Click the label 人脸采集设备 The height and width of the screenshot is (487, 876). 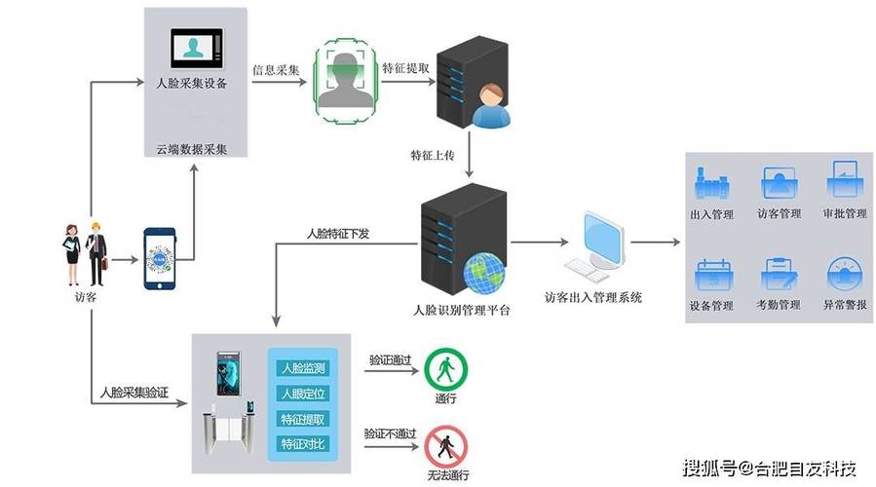(192, 84)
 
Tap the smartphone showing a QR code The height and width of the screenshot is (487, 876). (159, 259)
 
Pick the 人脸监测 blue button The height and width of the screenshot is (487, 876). (303, 368)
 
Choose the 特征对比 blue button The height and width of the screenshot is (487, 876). (303, 444)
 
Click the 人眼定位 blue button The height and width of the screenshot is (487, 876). (303, 393)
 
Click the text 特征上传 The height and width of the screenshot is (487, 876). (434, 155)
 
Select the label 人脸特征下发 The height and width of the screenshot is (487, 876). (338, 234)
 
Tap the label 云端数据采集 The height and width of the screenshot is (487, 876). (192, 150)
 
